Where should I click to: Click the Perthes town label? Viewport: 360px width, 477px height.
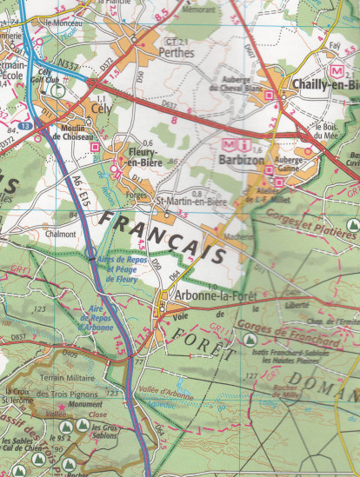(176, 52)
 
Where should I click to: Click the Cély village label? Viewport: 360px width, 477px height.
(103, 110)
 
